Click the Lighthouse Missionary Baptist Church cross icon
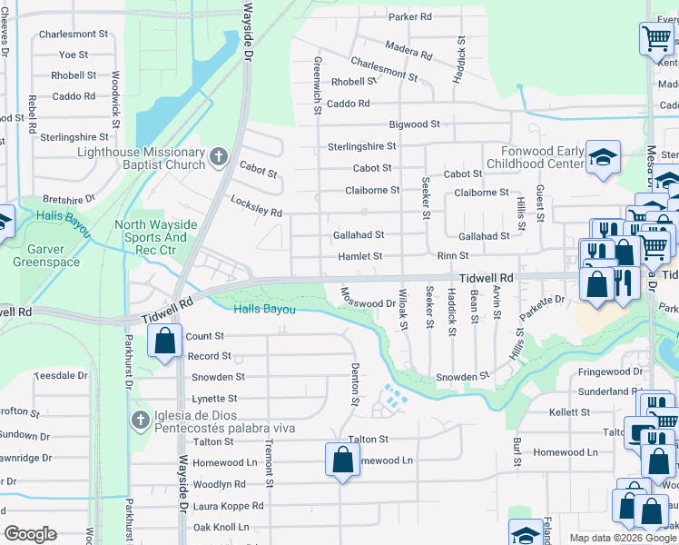coord(218,158)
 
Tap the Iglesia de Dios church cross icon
coord(139,421)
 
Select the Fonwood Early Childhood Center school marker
coord(602,159)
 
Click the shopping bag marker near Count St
coord(165,342)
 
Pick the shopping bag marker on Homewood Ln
coord(342,460)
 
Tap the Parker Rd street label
coord(409,17)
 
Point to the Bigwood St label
coord(414,124)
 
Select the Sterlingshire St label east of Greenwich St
coord(361,146)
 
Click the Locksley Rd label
coord(256,206)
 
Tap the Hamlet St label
coord(360,257)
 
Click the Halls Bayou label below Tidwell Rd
coord(265,310)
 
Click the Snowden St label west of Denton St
coord(218,377)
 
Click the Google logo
coord(31,534)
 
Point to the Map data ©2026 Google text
coord(622,538)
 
